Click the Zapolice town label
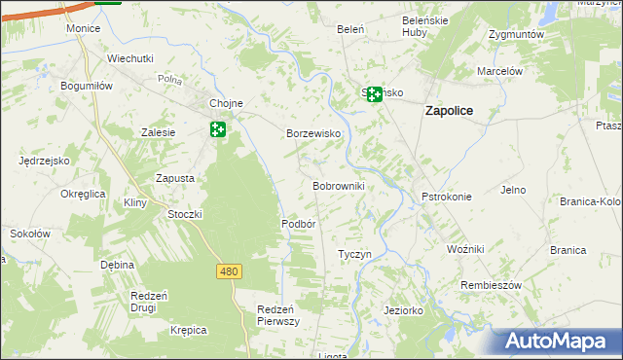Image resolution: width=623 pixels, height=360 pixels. click(x=449, y=111)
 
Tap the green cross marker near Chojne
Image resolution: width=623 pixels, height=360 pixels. click(x=218, y=129)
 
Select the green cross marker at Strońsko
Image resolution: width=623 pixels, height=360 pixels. click(x=374, y=94)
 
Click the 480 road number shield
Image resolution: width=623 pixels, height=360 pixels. click(x=229, y=271)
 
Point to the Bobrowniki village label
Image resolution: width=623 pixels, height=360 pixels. click(x=338, y=185)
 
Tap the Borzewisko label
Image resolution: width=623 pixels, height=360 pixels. click(x=311, y=133)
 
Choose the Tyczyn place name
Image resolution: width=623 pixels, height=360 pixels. click(x=354, y=254)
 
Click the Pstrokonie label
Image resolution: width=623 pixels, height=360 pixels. click(x=447, y=197)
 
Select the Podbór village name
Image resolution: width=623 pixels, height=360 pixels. click(x=299, y=223)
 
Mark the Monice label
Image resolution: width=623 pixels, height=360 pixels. click(x=84, y=28)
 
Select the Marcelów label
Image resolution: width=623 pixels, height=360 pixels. click(x=500, y=71)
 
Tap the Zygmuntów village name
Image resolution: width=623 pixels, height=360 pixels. click(x=516, y=33)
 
